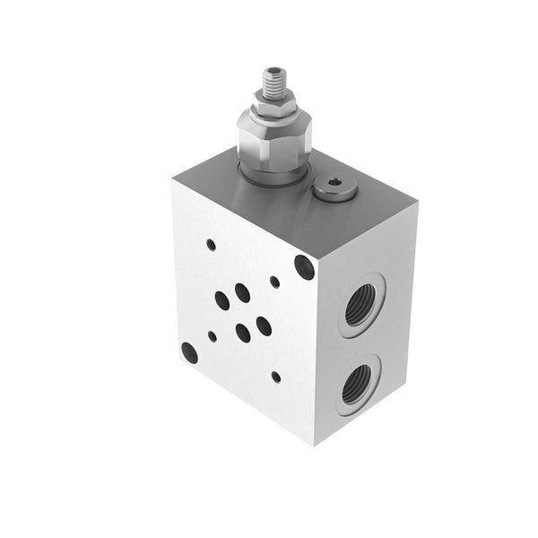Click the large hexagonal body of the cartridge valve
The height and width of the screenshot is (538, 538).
(x=273, y=140)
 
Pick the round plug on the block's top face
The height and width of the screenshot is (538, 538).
(x=334, y=188)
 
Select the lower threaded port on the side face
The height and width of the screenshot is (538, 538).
(x=359, y=384)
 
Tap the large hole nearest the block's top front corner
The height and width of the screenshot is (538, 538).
(x=304, y=266)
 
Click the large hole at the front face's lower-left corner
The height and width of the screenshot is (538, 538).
(x=189, y=352)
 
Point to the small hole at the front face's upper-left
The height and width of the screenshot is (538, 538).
(x=211, y=244)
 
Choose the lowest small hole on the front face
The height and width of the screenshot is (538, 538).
(x=275, y=377)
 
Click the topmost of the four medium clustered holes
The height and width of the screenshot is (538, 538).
(x=242, y=292)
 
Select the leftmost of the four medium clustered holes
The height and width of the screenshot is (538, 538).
(x=221, y=300)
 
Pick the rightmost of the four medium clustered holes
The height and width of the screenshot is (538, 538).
(x=264, y=325)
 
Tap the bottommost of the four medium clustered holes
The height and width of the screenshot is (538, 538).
(x=243, y=334)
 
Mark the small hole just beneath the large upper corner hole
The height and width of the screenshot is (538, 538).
(x=274, y=282)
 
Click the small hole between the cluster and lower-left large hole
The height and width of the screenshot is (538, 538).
(x=212, y=336)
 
